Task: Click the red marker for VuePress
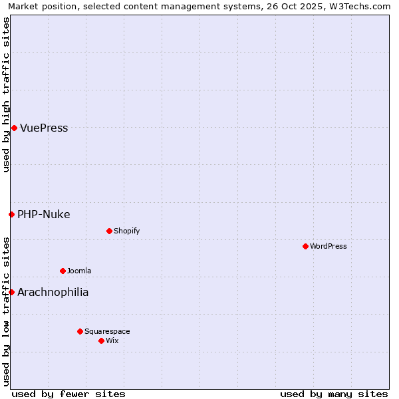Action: (14, 128)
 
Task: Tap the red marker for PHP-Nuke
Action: (11, 214)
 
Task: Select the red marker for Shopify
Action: (109, 231)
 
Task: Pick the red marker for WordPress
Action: (305, 246)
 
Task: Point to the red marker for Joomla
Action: (63, 271)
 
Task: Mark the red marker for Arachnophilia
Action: (11, 292)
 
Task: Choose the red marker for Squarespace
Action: (80, 331)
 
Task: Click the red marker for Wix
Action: (101, 340)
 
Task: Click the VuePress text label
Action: (44, 128)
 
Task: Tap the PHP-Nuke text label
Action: (43, 214)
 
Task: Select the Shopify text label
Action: (126, 231)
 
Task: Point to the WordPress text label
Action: (329, 246)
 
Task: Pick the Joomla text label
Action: (79, 271)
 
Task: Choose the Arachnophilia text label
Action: (53, 292)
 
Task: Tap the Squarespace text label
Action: (107, 331)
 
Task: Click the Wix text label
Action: (112, 340)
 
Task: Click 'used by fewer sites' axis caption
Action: (68, 394)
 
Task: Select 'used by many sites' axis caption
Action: (334, 394)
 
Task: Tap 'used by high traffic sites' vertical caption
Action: (6, 94)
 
